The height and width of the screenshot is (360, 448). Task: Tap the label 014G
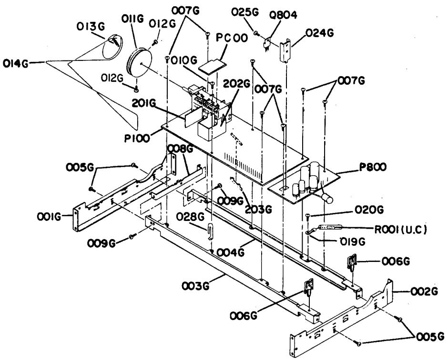(16, 63)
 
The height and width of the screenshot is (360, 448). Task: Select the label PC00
(232, 38)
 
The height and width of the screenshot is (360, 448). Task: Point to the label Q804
(283, 15)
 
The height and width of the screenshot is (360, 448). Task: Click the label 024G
(319, 33)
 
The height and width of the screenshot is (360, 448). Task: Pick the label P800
(373, 167)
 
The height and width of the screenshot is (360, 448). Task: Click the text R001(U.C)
(400, 230)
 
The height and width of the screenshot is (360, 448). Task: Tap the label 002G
(424, 291)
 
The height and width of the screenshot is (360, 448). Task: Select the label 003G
(195, 286)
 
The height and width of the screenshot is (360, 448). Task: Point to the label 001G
(49, 217)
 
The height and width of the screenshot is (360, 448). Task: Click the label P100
(137, 139)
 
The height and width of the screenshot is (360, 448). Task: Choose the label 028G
(190, 217)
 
